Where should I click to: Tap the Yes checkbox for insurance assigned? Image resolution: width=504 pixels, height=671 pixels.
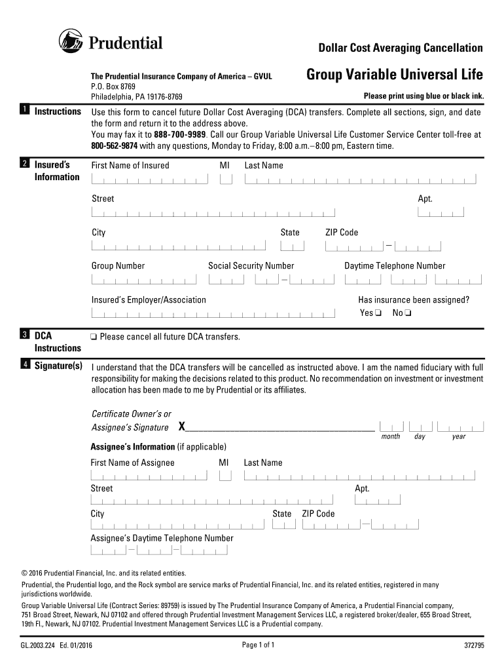coord(378,313)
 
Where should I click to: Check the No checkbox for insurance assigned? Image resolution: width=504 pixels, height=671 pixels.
coord(408,313)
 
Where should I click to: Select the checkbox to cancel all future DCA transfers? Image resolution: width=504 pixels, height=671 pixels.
coord(94,337)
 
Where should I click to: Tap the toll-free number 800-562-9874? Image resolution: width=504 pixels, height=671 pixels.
coord(115,145)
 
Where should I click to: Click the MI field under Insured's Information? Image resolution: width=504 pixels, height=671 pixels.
coord(226,179)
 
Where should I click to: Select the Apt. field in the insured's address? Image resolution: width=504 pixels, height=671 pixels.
coord(441,212)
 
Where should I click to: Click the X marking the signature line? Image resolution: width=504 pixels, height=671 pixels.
coord(182,427)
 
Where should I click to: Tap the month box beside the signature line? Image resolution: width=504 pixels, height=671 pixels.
coord(391,426)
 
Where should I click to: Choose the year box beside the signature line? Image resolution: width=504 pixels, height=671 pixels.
coord(460,426)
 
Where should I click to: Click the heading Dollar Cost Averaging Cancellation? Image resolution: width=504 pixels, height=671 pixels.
coord(400,48)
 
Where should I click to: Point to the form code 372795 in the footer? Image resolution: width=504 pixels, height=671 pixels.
coord(473,645)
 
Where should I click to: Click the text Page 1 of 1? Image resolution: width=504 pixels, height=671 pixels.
coord(258,645)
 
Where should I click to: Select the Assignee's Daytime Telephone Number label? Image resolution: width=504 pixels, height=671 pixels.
coord(162,538)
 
